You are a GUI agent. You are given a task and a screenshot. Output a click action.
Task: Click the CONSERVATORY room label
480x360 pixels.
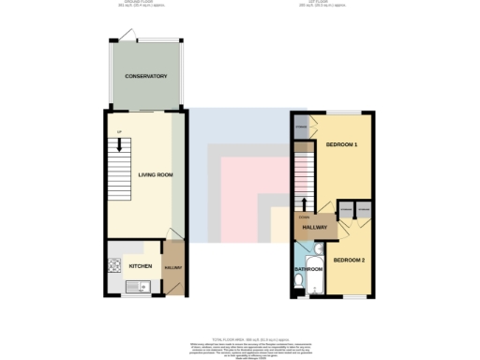coord(145,76)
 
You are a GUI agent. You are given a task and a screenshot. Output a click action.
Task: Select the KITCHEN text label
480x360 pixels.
coord(140,266)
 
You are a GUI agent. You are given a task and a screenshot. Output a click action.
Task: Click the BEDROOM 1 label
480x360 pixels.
coord(342,145)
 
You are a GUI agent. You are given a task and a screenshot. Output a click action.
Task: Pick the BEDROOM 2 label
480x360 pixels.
coord(349,259)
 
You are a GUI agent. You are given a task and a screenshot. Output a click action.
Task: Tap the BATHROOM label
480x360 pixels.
coord(308,270)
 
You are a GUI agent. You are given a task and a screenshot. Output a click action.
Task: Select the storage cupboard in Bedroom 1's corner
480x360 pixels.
coord(303,127)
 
